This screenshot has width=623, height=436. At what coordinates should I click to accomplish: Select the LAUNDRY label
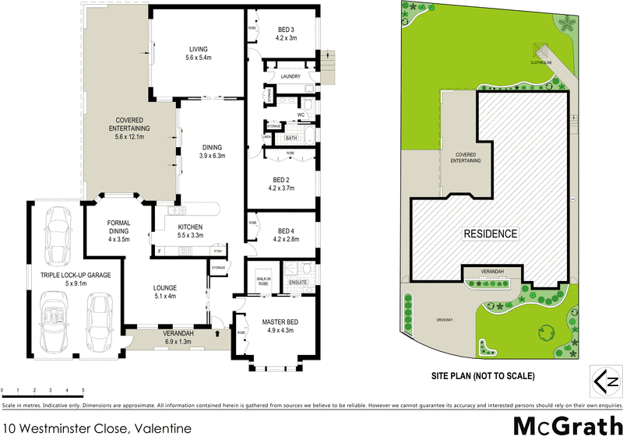click(x=290, y=76)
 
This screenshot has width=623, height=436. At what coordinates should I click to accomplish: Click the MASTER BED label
click(x=278, y=322)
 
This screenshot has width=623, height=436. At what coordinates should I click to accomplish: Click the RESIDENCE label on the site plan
click(x=491, y=234)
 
